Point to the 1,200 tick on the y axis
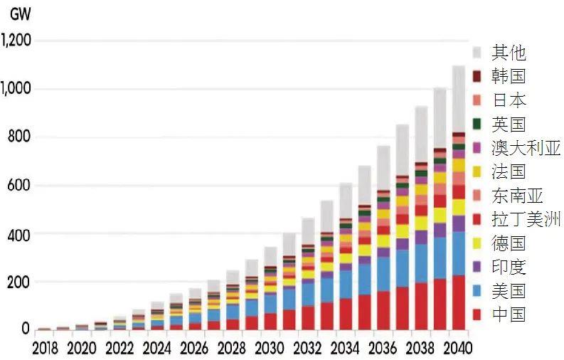pyautogui.click(x=16, y=41)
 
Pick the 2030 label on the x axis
pyautogui.click(x=269, y=349)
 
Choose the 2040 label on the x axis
pyautogui.click(x=456, y=349)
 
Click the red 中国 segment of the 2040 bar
pyautogui.click(x=459, y=302)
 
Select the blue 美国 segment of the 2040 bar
pyautogui.click(x=459, y=253)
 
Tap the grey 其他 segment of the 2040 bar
pyautogui.click(x=459, y=99)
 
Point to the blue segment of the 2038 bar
pyautogui.click(x=422, y=263)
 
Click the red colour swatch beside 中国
pyautogui.click(x=477, y=314)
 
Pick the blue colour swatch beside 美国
pyautogui.click(x=477, y=290)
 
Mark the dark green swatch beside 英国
pyautogui.click(x=477, y=124)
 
